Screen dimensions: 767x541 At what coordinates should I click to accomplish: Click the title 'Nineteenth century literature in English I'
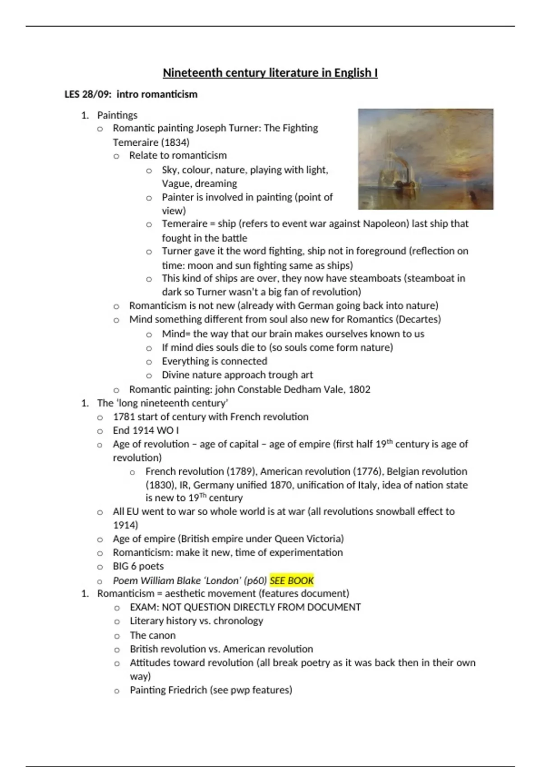pyautogui.click(x=270, y=73)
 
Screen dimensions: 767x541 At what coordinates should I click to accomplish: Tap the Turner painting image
pyautogui.click(x=425, y=159)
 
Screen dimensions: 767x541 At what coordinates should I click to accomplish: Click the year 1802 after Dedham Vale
pyautogui.click(x=359, y=389)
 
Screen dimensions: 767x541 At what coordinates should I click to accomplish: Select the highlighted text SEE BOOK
pyautogui.click(x=292, y=581)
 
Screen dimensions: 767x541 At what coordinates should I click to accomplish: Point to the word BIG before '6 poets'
pyautogui.click(x=120, y=566)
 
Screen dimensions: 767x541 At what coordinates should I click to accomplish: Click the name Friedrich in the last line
pyautogui.click(x=189, y=690)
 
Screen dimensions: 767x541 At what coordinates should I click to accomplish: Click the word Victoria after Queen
pyautogui.click(x=325, y=539)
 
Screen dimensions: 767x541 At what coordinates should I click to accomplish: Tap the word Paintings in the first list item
pyautogui.click(x=117, y=116)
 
